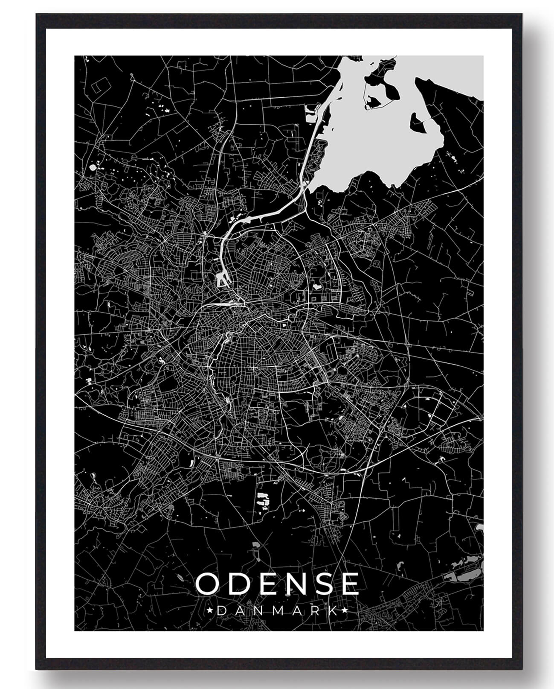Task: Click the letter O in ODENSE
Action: (208, 584)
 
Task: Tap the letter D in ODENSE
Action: (239, 584)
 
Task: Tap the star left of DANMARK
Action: (209, 611)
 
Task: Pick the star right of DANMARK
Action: (345, 611)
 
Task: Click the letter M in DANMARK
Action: (277, 611)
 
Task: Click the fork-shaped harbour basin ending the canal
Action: (222, 280)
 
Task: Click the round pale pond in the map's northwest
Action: (93, 167)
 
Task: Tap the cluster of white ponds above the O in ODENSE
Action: (263, 500)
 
